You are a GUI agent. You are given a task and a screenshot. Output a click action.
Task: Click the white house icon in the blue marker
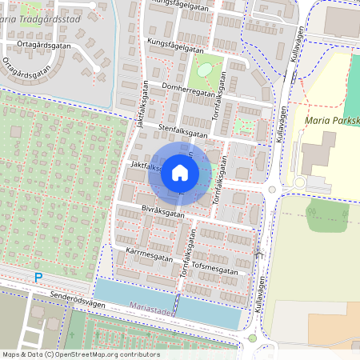tap(180, 173)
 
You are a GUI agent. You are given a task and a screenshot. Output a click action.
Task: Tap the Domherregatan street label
tap(189, 91)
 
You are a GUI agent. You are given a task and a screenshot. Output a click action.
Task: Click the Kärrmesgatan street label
tap(150, 254)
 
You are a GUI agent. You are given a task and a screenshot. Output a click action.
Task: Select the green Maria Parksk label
tap(332, 121)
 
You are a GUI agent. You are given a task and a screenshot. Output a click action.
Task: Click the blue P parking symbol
tap(38, 278)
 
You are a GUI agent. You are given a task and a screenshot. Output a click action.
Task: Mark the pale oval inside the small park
tap(205, 70)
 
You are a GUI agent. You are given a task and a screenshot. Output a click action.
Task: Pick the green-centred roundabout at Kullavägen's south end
tap(254, 338)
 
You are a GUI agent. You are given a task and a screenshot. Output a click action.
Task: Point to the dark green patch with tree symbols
tap(328, 214)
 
